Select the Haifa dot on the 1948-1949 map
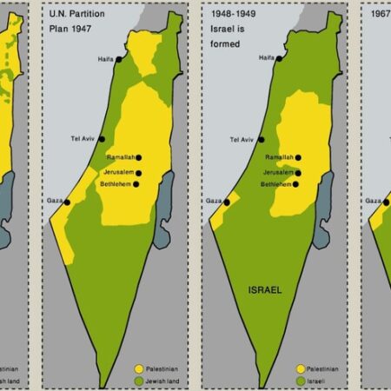pos(281,57)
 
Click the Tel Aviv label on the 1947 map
pos(83,139)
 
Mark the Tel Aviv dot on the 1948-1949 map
pos(261,139)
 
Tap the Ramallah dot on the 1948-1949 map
pos(298,157)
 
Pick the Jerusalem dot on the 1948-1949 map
pos(297,171)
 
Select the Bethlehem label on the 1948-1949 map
pos(276,184)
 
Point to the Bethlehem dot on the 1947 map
pos(138,184)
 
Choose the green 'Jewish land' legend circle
pos(139,381)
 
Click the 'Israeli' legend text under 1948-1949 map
pos(321,381)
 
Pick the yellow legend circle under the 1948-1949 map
pos(301,368)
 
